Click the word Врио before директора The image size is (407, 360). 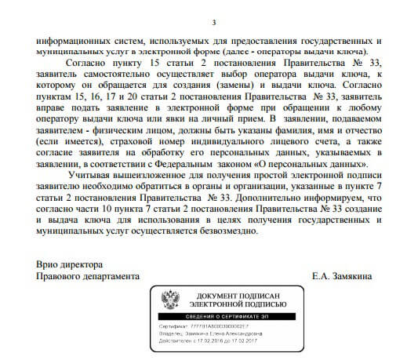pyautogui.click(x=49, y=264)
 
